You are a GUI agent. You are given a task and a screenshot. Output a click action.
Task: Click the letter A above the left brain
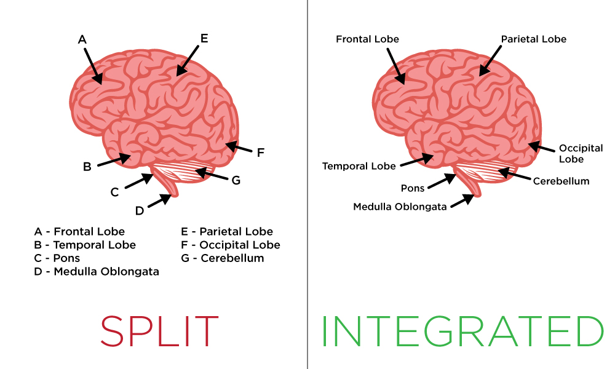coord(82,39)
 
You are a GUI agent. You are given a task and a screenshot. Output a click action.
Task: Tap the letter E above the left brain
coord(204,38)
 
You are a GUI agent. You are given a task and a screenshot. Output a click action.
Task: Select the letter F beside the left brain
coord(260,153)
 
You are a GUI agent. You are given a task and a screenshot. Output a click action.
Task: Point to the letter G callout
coord(236,180)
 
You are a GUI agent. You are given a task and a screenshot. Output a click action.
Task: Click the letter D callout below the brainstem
coord(139,211)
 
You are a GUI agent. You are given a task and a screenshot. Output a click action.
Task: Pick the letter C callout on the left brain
coord(114,192)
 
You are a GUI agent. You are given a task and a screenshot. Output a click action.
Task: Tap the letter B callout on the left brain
coord(87,167)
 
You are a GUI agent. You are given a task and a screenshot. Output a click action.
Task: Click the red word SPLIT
coord(159,331)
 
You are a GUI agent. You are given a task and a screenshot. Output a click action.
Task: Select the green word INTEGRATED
coord(463,331)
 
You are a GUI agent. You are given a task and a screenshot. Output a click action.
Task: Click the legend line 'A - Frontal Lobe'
coord(79,231)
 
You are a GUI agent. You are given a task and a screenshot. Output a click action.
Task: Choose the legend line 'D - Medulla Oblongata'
coord(97,271)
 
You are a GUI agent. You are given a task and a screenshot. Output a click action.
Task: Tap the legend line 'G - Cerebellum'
coord(223,258)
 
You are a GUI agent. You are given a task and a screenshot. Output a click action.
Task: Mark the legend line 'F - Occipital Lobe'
coord(231,245)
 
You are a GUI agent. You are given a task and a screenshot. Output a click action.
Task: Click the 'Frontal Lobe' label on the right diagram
coord(368,39)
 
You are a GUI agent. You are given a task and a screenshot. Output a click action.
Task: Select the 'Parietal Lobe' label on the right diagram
coord(534,39)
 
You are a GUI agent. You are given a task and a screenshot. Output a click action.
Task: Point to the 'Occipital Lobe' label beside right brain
coord(581,154)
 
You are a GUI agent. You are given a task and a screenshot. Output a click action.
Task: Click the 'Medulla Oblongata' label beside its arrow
coord(400,207)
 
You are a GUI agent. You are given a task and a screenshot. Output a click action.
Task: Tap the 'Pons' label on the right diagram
coord(413,188)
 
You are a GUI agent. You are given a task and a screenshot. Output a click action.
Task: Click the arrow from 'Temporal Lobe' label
coord(417,160)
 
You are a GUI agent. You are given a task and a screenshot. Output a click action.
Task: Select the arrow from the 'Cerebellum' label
coord(515,174)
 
